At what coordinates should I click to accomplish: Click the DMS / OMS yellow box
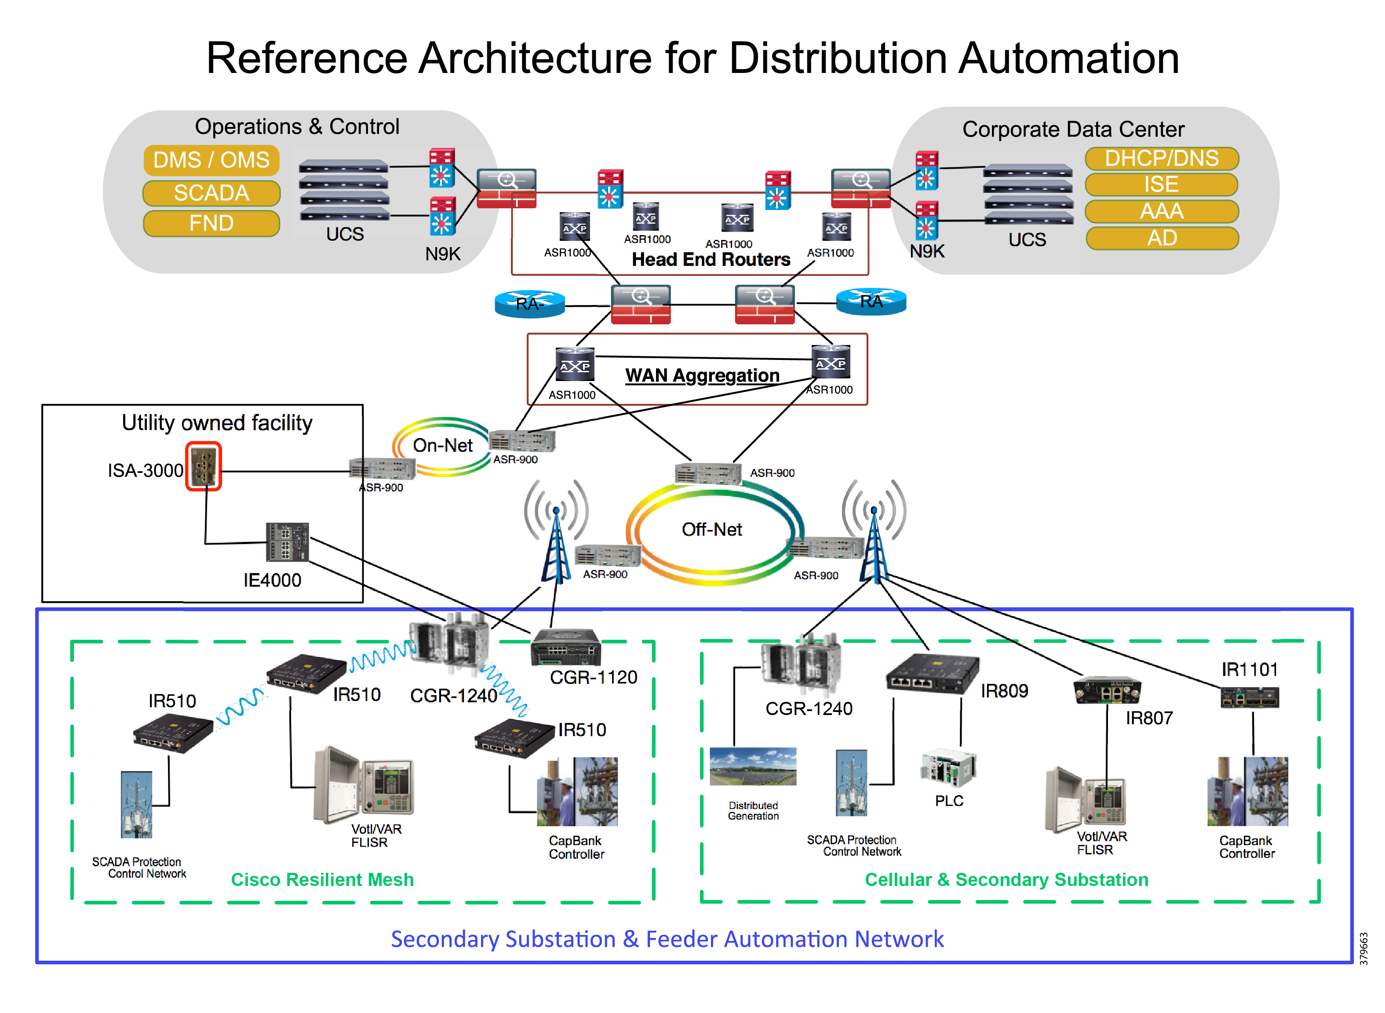tap(211, 160)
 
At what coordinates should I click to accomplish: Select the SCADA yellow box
tap(211, 193)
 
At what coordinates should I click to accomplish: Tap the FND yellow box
tap(211, 223)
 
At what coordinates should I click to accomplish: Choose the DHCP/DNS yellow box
tap(1161, 158)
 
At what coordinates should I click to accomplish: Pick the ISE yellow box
tap(1161, 185)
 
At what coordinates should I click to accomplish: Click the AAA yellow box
tap(1161, 211)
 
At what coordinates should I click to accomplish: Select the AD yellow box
tap(1161, 238)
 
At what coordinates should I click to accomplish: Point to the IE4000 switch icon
tap(287, 542)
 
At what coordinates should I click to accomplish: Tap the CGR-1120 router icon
tap(565, 647)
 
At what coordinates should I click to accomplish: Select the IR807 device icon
tap(1107, 691)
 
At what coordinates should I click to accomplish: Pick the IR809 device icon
tap(932, 673)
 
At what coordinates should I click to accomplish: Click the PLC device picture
tap(947, 766)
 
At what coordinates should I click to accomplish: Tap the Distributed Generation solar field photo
tap(753, 766)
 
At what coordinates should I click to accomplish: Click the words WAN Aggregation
tap(702, 375)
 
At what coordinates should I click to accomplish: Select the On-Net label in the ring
tap(442, 445)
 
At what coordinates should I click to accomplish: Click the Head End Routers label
tap(711, 259)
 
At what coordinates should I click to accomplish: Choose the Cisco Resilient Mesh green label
tap(322, 879)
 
